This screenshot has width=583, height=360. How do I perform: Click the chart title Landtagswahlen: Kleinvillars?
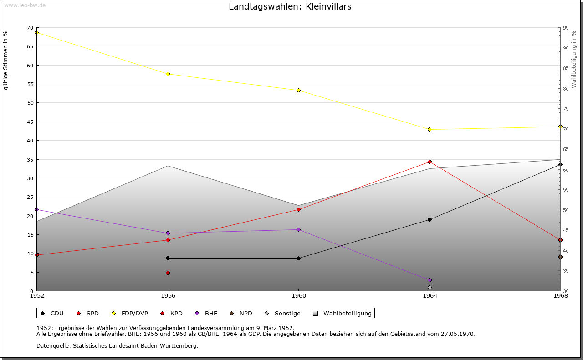[290, 6]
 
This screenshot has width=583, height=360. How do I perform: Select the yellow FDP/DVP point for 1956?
[168, 74]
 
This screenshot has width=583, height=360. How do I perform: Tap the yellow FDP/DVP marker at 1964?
[430, 130]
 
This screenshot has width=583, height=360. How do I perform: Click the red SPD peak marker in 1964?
[430, 162]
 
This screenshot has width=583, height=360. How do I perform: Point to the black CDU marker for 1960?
[298, 258]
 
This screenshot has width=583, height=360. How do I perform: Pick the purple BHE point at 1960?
[298, 229]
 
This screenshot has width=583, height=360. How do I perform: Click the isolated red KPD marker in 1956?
[168, 273]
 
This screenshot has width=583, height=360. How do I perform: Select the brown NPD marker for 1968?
[560, 257]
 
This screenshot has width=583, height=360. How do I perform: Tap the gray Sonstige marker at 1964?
[430, 287]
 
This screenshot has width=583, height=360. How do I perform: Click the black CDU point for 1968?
[560, 164]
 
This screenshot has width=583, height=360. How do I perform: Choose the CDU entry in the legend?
[52, 313]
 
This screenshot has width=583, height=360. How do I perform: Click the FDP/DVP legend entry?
[129, 313]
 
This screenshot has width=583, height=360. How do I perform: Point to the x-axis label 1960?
[298, 296]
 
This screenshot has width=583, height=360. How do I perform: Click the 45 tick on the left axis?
[30, 122]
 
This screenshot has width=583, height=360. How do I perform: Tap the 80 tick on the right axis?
[566, 88]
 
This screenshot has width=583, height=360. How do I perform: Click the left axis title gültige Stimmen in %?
[6, 60]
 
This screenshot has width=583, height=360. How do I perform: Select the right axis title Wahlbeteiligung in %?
[574, 60]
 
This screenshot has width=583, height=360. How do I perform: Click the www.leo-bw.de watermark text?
[25, 5]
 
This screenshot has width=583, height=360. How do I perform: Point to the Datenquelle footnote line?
[117, 345]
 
